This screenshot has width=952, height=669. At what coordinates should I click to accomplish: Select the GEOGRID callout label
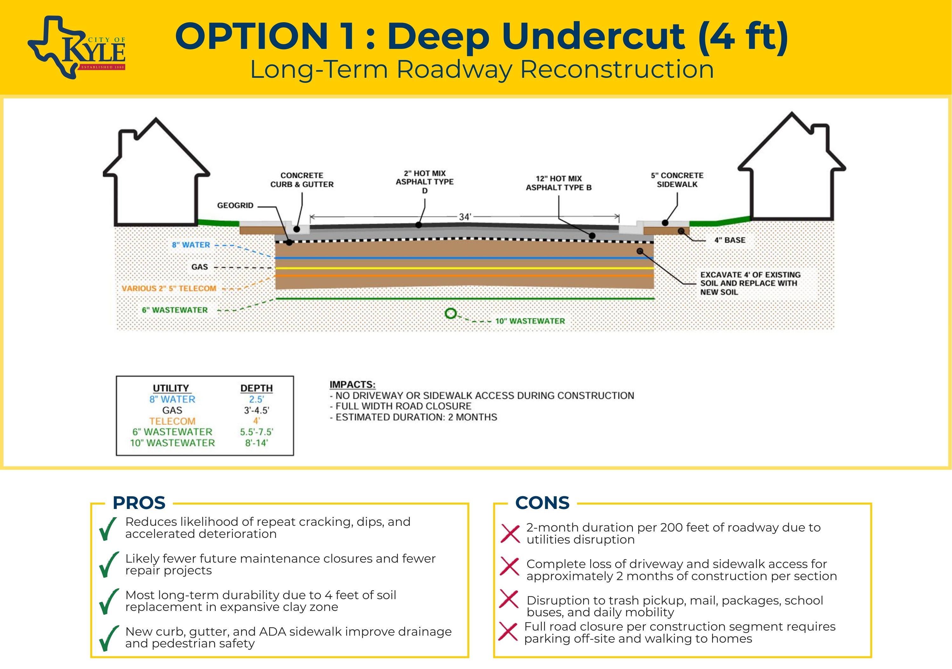tap(235, 205)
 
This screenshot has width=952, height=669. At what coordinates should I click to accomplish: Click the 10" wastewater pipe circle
tap(451, 314)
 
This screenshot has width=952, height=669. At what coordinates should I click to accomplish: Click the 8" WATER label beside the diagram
tap(191, 245)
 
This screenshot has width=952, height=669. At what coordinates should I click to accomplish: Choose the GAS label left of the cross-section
tap(200, 267)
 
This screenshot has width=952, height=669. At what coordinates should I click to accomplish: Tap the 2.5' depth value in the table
tap(256, 399)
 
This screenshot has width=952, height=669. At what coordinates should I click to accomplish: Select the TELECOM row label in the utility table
tap(172, 421)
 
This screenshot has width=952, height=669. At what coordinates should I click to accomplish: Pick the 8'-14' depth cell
tap(256, 443)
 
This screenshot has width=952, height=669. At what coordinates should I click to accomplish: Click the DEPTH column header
tap(256, 388)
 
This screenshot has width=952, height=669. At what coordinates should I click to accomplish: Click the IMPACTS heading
tap(352, 385)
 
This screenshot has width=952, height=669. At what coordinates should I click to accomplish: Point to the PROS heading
tap(139, 503)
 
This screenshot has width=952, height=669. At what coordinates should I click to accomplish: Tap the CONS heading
tap(542, 503)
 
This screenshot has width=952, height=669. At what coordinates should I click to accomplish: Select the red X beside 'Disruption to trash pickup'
tap(509, 599)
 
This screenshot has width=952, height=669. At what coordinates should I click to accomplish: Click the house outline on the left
tap(156, 174)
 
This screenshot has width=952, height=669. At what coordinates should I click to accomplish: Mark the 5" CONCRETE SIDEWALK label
tap(677, 180)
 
